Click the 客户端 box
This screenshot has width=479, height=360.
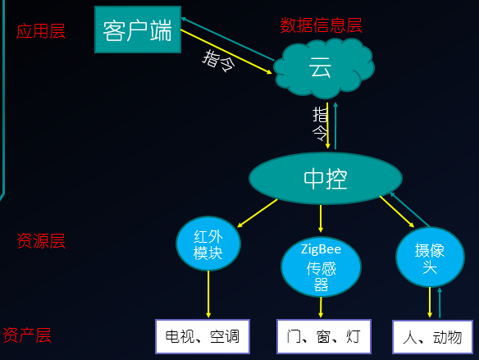138,30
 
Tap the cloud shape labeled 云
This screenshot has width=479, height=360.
323,67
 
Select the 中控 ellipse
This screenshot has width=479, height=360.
326,178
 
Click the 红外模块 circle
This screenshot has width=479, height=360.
208,244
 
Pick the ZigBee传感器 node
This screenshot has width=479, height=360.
321,267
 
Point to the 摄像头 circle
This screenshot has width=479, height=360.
430,257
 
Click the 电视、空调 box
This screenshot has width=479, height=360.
203,336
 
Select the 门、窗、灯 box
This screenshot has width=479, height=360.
324,336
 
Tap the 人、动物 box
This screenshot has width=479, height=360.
432,337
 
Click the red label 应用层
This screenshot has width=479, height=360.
41,31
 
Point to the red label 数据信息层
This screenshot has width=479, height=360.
321,25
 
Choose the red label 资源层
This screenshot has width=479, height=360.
41,241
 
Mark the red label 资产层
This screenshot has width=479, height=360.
27,335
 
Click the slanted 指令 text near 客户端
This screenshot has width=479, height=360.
219,61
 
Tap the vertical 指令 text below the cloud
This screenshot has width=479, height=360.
320,124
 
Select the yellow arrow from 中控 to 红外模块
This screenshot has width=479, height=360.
258,213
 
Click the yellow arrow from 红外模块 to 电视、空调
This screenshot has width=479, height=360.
208,294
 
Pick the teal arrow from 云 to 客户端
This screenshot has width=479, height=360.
227,39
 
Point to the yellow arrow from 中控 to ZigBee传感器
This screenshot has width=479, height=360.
321,219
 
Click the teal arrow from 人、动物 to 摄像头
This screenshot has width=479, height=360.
440,303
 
